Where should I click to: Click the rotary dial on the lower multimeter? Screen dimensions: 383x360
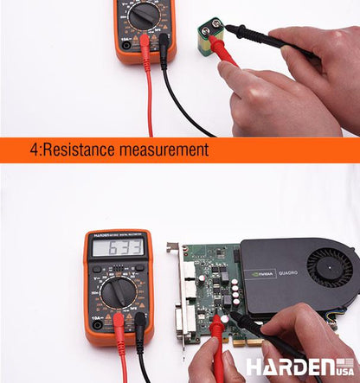point(117,292)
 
